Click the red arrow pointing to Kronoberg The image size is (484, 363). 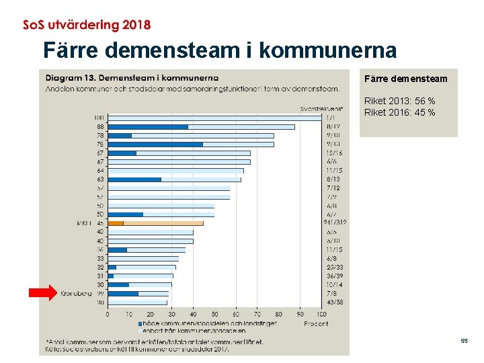tap(43, 292)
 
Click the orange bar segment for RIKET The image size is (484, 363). tap(116, 223)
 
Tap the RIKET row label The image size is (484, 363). tap(84, 223)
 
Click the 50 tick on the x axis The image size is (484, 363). tap(214, 314)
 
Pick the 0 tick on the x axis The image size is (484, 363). tap(108, 314)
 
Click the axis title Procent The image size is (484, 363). tap(315, 323)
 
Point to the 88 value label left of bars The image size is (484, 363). tap(99, 126)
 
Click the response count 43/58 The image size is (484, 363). tap(333, 302)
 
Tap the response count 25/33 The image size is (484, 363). tap(333, 267)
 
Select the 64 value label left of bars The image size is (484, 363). tap(99, 170)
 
